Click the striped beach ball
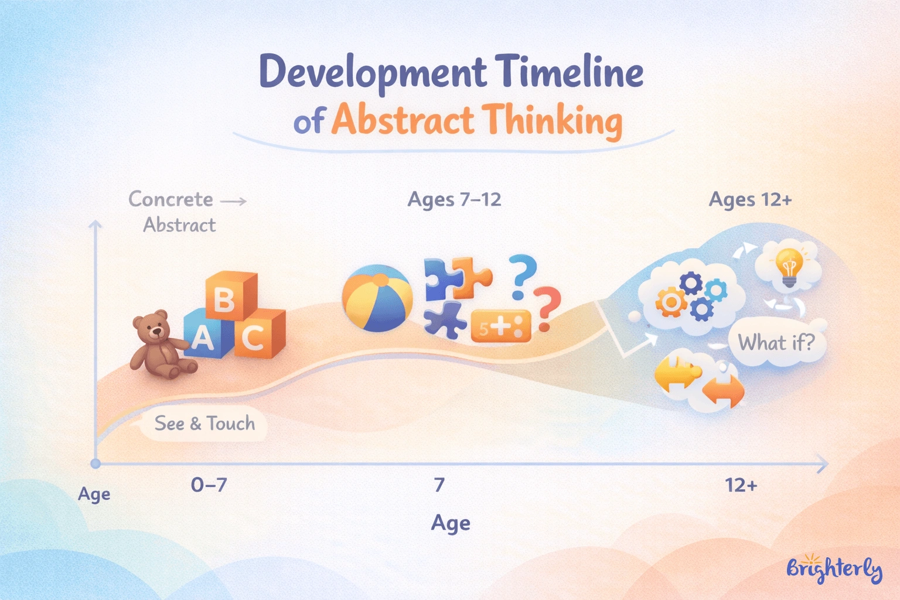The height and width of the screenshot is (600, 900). click(377, 298)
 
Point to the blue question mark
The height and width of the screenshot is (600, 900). click(521, 275)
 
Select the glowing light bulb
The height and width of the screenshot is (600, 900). click(789, 267)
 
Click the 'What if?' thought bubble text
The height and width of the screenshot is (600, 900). click(776, 342)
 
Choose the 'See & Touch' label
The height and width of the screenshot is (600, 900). click(204, 423)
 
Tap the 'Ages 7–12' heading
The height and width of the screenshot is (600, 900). click(454, 200)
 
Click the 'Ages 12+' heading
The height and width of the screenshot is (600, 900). click(750, 200)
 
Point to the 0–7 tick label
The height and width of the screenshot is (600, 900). click(209, 485)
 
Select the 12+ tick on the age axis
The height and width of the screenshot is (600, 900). click(741, 485)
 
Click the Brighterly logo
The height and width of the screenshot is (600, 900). click(834, 568)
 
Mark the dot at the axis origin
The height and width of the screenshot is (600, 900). click(96, 463)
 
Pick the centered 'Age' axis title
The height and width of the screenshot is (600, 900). click(451, 523)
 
